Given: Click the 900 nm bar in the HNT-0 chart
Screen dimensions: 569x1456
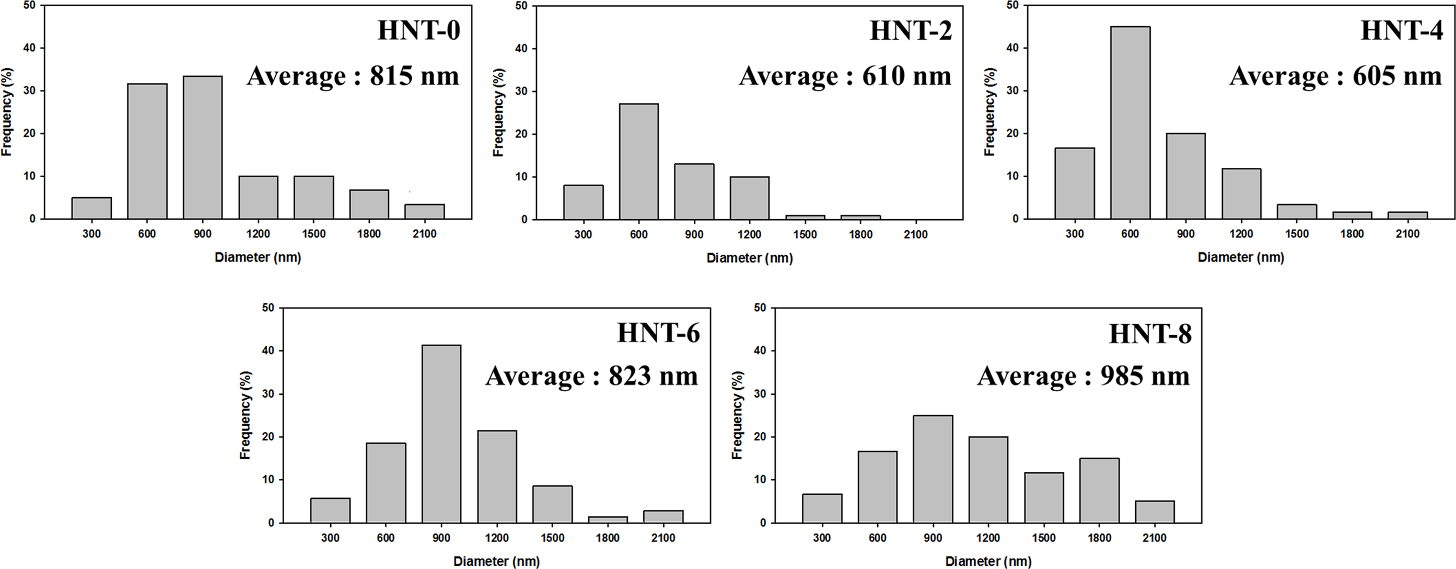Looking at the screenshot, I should click(202, 147).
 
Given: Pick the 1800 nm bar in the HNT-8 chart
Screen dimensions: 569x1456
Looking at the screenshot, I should click(1099, 491).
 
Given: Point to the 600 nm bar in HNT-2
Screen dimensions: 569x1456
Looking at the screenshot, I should click(639, 162).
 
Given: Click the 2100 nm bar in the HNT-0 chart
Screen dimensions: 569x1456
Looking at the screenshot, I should click(425, 211).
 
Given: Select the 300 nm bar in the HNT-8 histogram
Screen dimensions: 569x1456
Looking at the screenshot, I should click(822, 508).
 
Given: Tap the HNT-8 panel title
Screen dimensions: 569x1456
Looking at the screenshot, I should click(1150, 334).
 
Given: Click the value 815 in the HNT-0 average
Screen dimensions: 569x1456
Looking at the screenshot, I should click(391, 76).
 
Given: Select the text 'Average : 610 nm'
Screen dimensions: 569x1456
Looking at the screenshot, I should click(845, 76).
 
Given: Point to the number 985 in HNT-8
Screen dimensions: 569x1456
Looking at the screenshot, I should click(1123, 375).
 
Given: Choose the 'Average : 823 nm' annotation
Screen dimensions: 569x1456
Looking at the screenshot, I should click(592, 375).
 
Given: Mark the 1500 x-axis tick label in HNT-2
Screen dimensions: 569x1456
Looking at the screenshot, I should click(805, 235).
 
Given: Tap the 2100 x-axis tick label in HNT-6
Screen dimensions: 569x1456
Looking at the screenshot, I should click(663, 538).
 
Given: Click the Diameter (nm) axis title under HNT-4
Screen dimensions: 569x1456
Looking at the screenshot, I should click(1241, 257).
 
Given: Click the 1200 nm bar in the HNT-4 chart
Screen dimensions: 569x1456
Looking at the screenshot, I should click(1241, 194).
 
